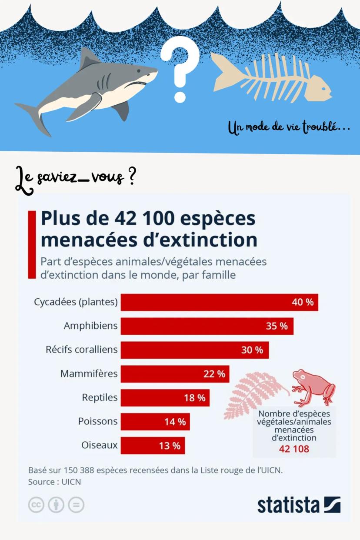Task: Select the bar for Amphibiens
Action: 207,326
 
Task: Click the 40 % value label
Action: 303,302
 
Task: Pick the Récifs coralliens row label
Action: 82,350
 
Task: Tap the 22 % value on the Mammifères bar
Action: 214,374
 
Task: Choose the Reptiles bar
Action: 165,398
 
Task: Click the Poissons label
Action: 98,421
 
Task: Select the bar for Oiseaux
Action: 153,446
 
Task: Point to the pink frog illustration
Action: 312,387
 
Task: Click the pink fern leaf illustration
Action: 252,393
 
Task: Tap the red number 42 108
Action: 294,449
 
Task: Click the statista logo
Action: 299,505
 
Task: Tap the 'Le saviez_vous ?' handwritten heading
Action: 74,178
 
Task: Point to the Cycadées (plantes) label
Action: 76,302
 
